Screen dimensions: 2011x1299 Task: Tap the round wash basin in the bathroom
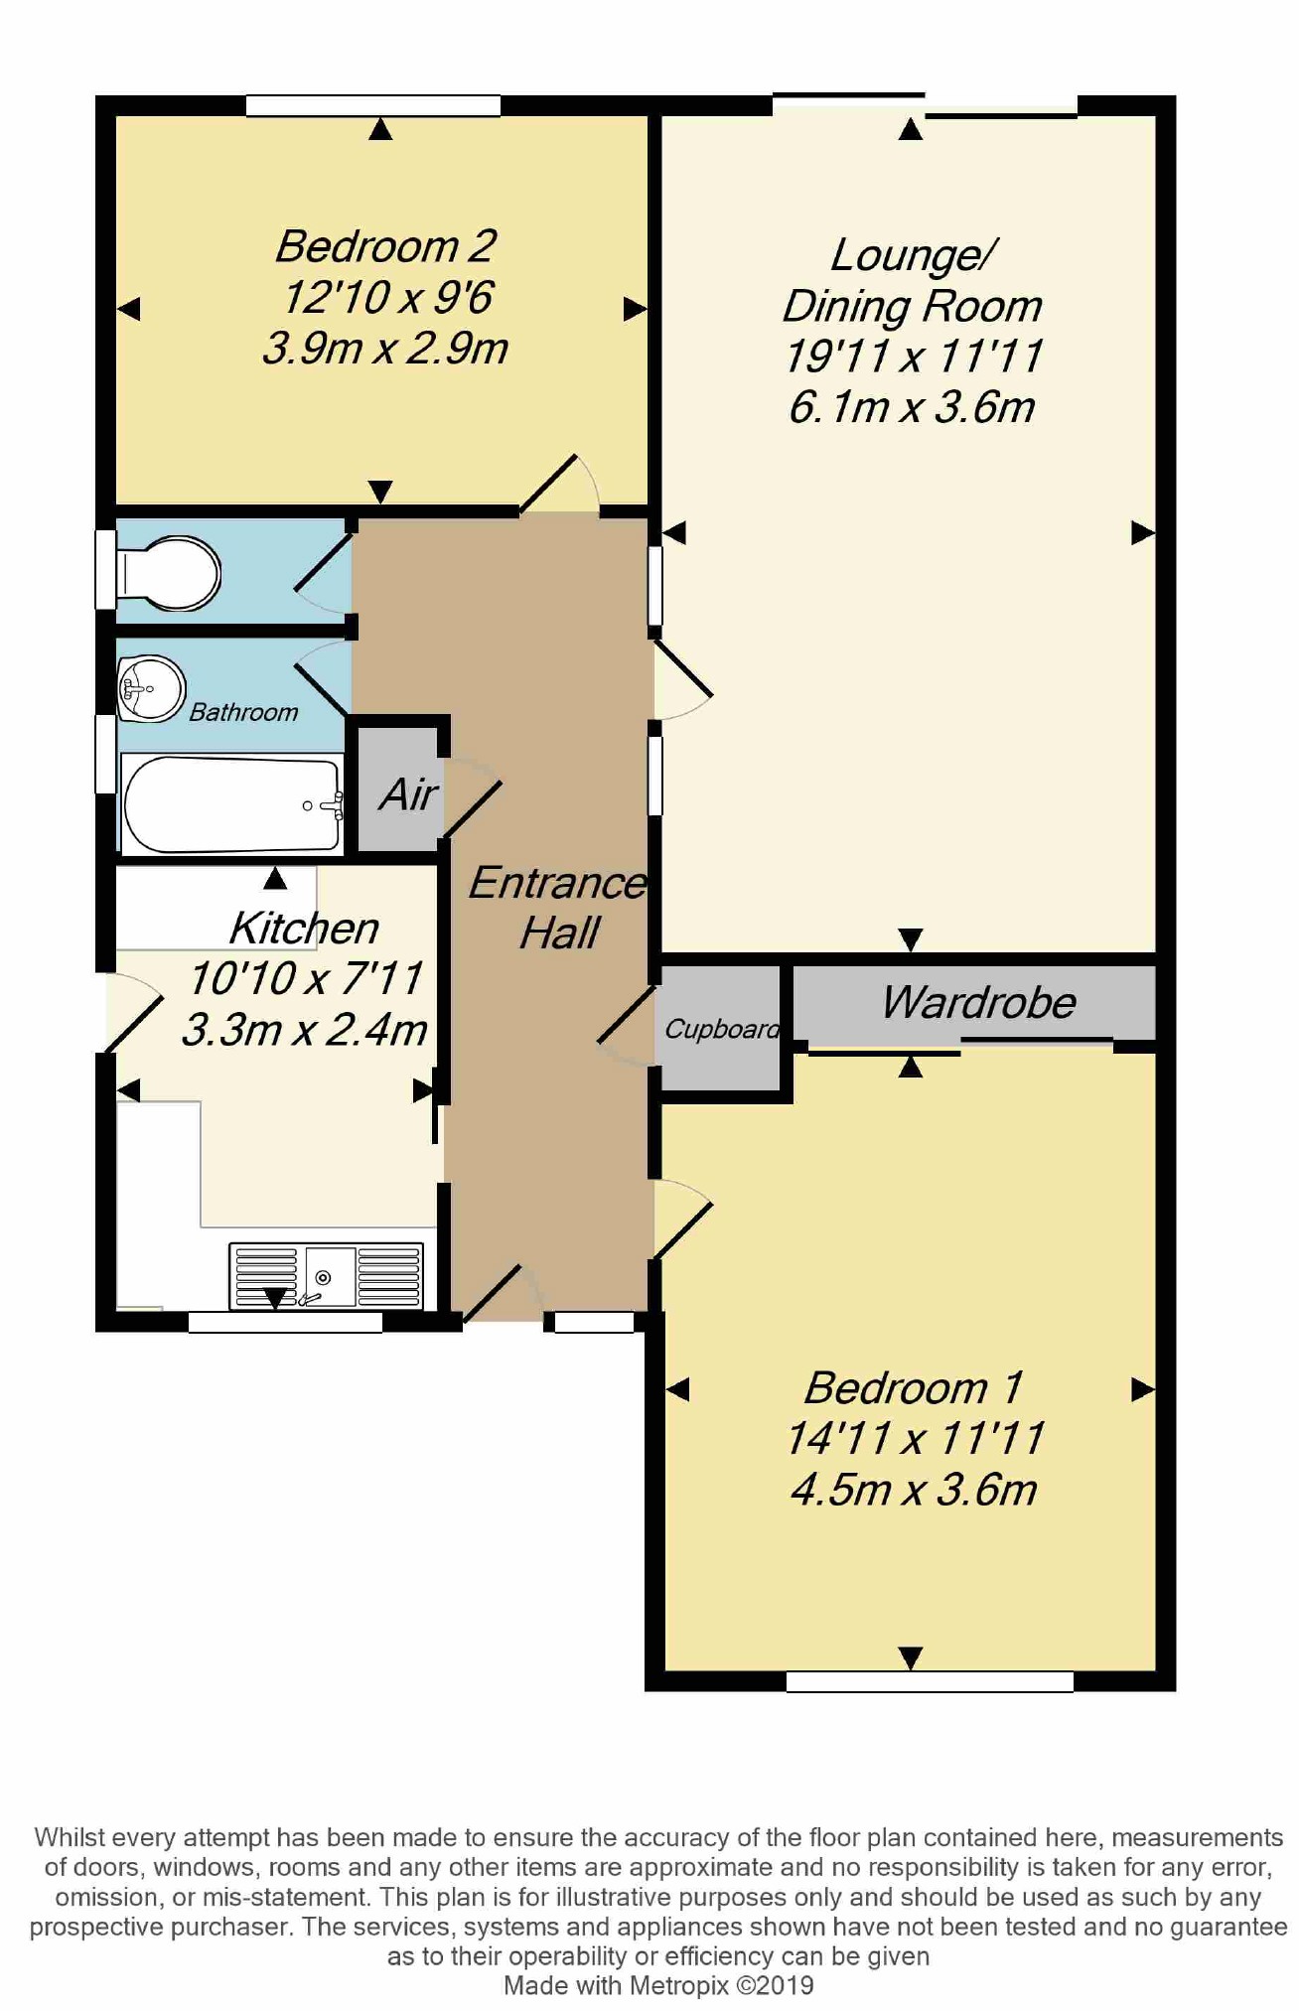click(151, 687)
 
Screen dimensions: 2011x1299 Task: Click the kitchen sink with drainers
click(326, 1276)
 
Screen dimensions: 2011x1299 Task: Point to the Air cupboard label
click(407, 794)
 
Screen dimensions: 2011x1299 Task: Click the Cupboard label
click(722, 1029)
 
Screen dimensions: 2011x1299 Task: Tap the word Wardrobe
click(978, 1002)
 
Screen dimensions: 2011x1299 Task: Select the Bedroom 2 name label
click(385, 246)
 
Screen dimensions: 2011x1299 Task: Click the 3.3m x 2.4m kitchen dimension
click(304, 1030)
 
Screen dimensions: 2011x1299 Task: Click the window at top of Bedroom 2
click(372, 105)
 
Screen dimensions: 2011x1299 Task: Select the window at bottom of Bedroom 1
click(930, 1681)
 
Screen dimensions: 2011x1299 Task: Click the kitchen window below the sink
click(285, 1322)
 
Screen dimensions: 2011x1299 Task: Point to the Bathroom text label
click(243, 712)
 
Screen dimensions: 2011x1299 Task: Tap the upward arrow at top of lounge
click(911, 129)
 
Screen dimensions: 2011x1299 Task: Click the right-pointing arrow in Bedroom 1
click(1143, 1389)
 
